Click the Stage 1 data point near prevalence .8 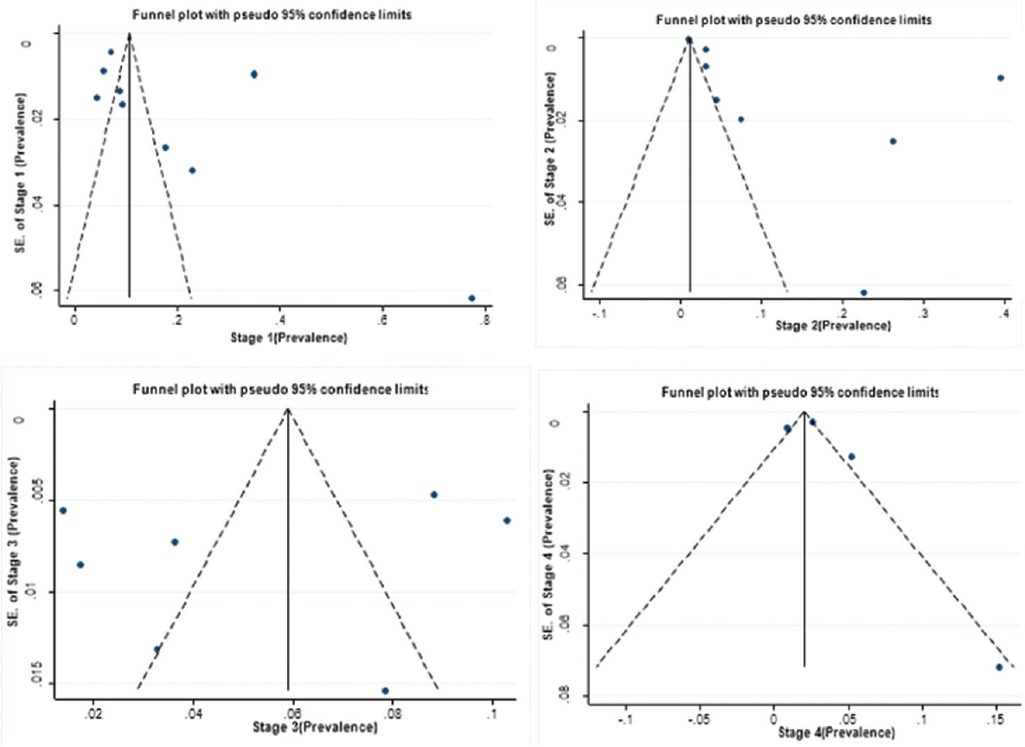(x=471, y=298)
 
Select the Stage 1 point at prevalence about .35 (x=253, y=74)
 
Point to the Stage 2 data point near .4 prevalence (x=1000, y=78)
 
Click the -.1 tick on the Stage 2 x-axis (x=598, y=312)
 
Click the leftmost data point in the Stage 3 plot (x=63, y=511)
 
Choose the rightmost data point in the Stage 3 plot (x=507, y=520)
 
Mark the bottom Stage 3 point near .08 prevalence (x=385, y=691)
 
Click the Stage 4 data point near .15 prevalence (x=999, y=667)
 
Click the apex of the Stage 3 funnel (x=288, y=409)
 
